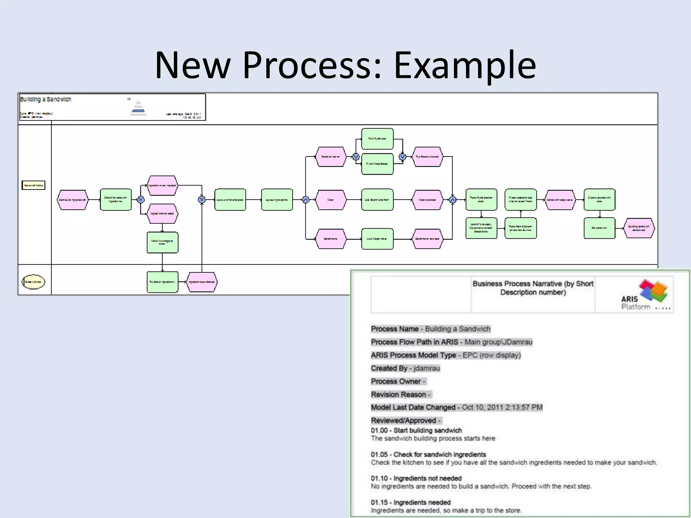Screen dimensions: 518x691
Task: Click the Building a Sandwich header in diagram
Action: pos(46,99)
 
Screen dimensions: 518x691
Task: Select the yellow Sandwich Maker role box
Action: pos(33,185)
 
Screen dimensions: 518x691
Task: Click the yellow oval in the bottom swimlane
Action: pos(33,282)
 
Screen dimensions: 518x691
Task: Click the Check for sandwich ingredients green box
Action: pos(115,200)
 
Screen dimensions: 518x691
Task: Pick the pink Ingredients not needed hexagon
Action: pos(162,185)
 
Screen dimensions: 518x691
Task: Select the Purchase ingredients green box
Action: pos(162,282)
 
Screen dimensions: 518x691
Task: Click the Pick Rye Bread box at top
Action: pos(377,139)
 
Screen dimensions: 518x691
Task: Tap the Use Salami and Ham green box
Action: pos(377,200)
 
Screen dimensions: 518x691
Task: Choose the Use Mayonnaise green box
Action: pos(377,239)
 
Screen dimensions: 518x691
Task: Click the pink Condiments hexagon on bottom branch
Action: pos(331,239)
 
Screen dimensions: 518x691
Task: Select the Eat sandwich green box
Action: pos(599,228)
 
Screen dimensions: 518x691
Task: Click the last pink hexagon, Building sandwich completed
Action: pos(639,228)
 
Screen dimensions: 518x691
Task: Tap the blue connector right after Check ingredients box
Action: pos(141,200)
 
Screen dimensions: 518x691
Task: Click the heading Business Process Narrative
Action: pos(533,288)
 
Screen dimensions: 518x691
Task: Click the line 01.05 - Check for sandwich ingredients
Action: pos(428,454)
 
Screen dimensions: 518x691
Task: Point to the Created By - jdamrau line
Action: pos(405,368)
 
